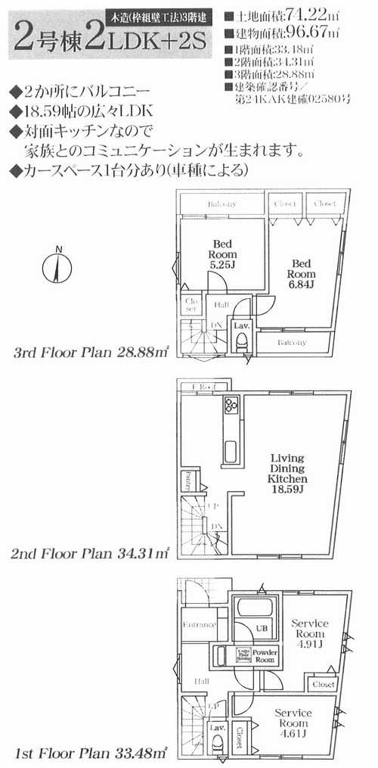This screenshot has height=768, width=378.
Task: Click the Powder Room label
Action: pyautogui.click(x=263, y=655)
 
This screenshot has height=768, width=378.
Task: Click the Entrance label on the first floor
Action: pyautogui.click(x=199, y=626)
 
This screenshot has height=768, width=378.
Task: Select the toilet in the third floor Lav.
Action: pyautogui.click(x=242, y=344)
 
